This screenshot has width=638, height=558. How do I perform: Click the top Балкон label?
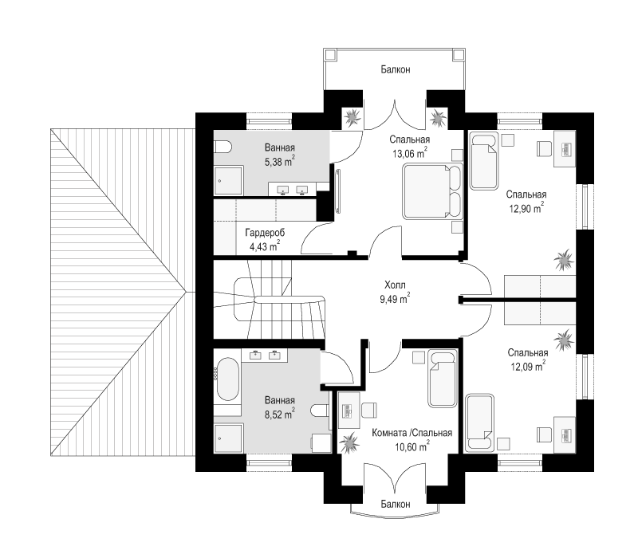coord(395,69)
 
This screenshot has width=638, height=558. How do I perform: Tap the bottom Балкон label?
coord(395,505)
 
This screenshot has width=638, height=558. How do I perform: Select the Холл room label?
coord(395,285)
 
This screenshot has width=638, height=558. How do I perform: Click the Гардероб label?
coord(265,233)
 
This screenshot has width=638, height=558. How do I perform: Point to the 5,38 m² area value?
coord(280,161)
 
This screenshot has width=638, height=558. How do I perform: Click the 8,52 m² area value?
coord(280,415)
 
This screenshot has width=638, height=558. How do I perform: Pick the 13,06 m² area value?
coord(410,153)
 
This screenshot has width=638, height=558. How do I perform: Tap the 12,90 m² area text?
coord(526,208)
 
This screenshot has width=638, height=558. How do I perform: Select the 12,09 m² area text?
coord(528,367)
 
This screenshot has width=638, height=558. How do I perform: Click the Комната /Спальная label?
coord(412,433)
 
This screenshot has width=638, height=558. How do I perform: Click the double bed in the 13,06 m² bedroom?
coord(432,191)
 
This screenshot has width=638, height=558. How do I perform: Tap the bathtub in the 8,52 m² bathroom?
coord(227,379)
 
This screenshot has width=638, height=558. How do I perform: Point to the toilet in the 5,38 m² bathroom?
coord(223,147)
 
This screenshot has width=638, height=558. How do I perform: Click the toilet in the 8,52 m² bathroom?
coord(320,411)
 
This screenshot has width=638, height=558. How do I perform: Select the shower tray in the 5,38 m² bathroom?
coord(228,180)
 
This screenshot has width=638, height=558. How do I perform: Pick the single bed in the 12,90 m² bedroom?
coord(484,163)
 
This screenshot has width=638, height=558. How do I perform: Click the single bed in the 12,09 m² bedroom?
coord(480,422)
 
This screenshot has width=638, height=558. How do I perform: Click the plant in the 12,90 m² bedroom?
coord(564,260)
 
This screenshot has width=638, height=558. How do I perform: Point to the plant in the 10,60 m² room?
coord(349,443)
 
